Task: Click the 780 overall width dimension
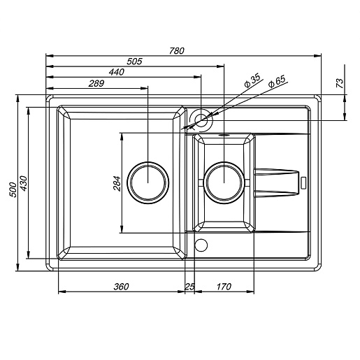[x=177, y=50]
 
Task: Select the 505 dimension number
[x=134, y=62]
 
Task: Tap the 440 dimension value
[x=117, y=72]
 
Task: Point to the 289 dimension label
[x=96, y=83]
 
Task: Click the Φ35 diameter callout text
[x=252, y=80]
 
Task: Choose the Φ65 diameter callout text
[x=277, y=81]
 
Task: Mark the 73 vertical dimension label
[x=340, y=83]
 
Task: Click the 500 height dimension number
[x=13, y=190]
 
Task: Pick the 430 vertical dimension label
[x=24, y=184]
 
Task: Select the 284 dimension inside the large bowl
[x=117, y=184]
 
